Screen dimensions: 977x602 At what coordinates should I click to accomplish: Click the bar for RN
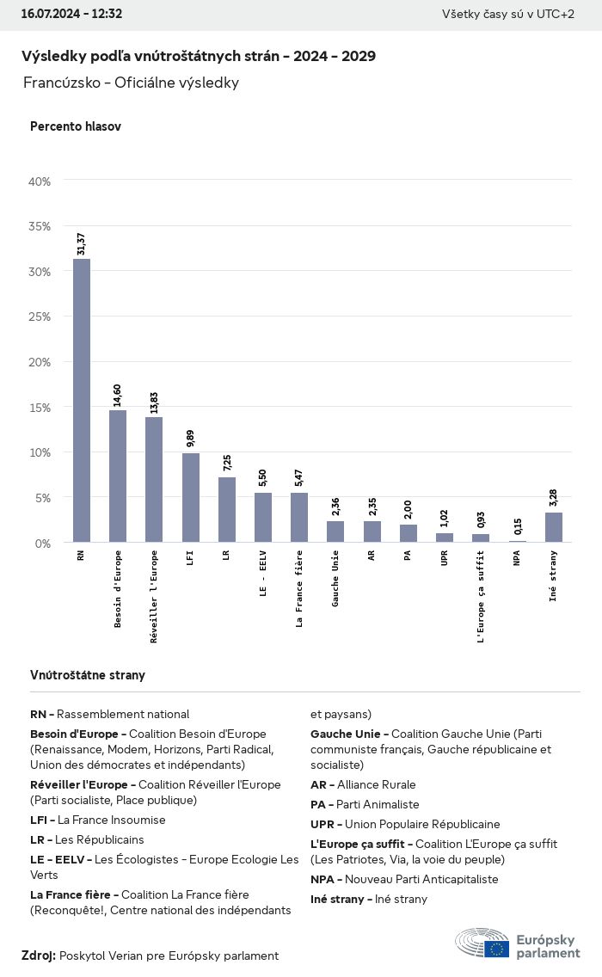tap(82, 400)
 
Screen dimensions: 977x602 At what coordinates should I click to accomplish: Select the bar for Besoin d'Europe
tap(118, 476)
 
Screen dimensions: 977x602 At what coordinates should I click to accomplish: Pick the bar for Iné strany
tap(554, 527)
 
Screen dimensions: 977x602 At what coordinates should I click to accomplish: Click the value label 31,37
tap(81, 243)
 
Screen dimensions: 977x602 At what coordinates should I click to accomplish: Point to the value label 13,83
tap(154, 402)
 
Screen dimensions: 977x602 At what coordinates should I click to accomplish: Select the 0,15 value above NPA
tap(518, 526)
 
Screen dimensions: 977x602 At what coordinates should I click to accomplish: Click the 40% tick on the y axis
tap(40, 181)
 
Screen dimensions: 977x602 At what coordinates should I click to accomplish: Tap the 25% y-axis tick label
tap(40, 316)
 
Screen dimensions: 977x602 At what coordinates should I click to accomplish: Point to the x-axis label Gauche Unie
tap(336, 579)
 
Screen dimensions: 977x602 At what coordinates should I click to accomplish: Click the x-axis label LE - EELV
tap(264, 575)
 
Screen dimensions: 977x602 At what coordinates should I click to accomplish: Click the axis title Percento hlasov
tap(76, 126)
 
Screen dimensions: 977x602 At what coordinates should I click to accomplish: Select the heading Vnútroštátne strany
tap(88, 675)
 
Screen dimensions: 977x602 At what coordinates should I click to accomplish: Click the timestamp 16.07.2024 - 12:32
tap(71, 14)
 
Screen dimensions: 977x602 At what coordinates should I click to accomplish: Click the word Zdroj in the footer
tap(38, 955)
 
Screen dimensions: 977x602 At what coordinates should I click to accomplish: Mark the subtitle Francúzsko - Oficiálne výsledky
tap(131, 83)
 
